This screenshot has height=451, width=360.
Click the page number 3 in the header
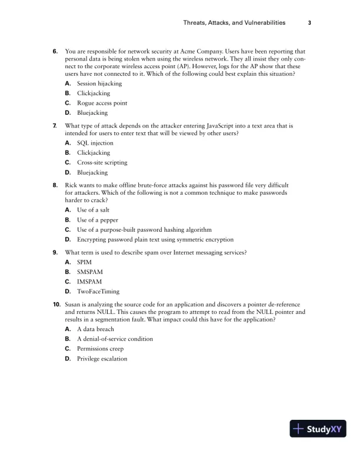[309, 23]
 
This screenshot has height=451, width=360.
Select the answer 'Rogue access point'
[102, 103]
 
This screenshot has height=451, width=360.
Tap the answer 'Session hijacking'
[99, 83]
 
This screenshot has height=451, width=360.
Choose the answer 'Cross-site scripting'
[102, 163]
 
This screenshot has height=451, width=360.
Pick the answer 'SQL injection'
[95, 143]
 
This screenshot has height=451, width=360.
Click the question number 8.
[55, 185]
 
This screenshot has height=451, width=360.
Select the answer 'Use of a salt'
[93, 210]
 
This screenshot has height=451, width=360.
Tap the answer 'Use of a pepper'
[96, 220]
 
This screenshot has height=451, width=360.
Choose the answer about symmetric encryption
[155, 239]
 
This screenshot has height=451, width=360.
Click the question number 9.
[55, 252]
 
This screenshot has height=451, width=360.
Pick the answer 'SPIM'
[84, 262]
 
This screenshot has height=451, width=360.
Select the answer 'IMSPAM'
[89, 282]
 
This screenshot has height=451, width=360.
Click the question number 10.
[56, 305]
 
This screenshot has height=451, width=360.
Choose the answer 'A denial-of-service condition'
[115, 339]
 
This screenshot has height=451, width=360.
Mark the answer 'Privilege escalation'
[102, 359]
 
